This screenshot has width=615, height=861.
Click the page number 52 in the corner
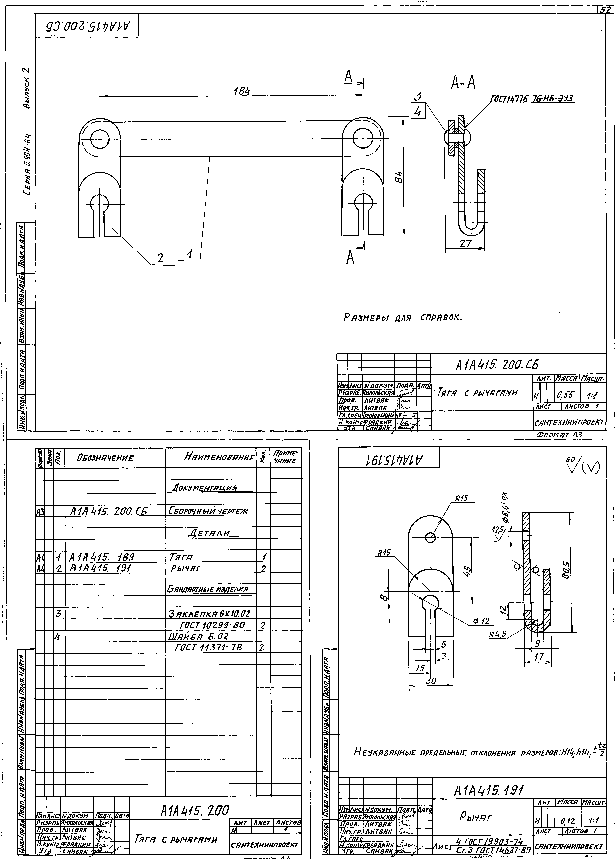click(605, 11)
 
